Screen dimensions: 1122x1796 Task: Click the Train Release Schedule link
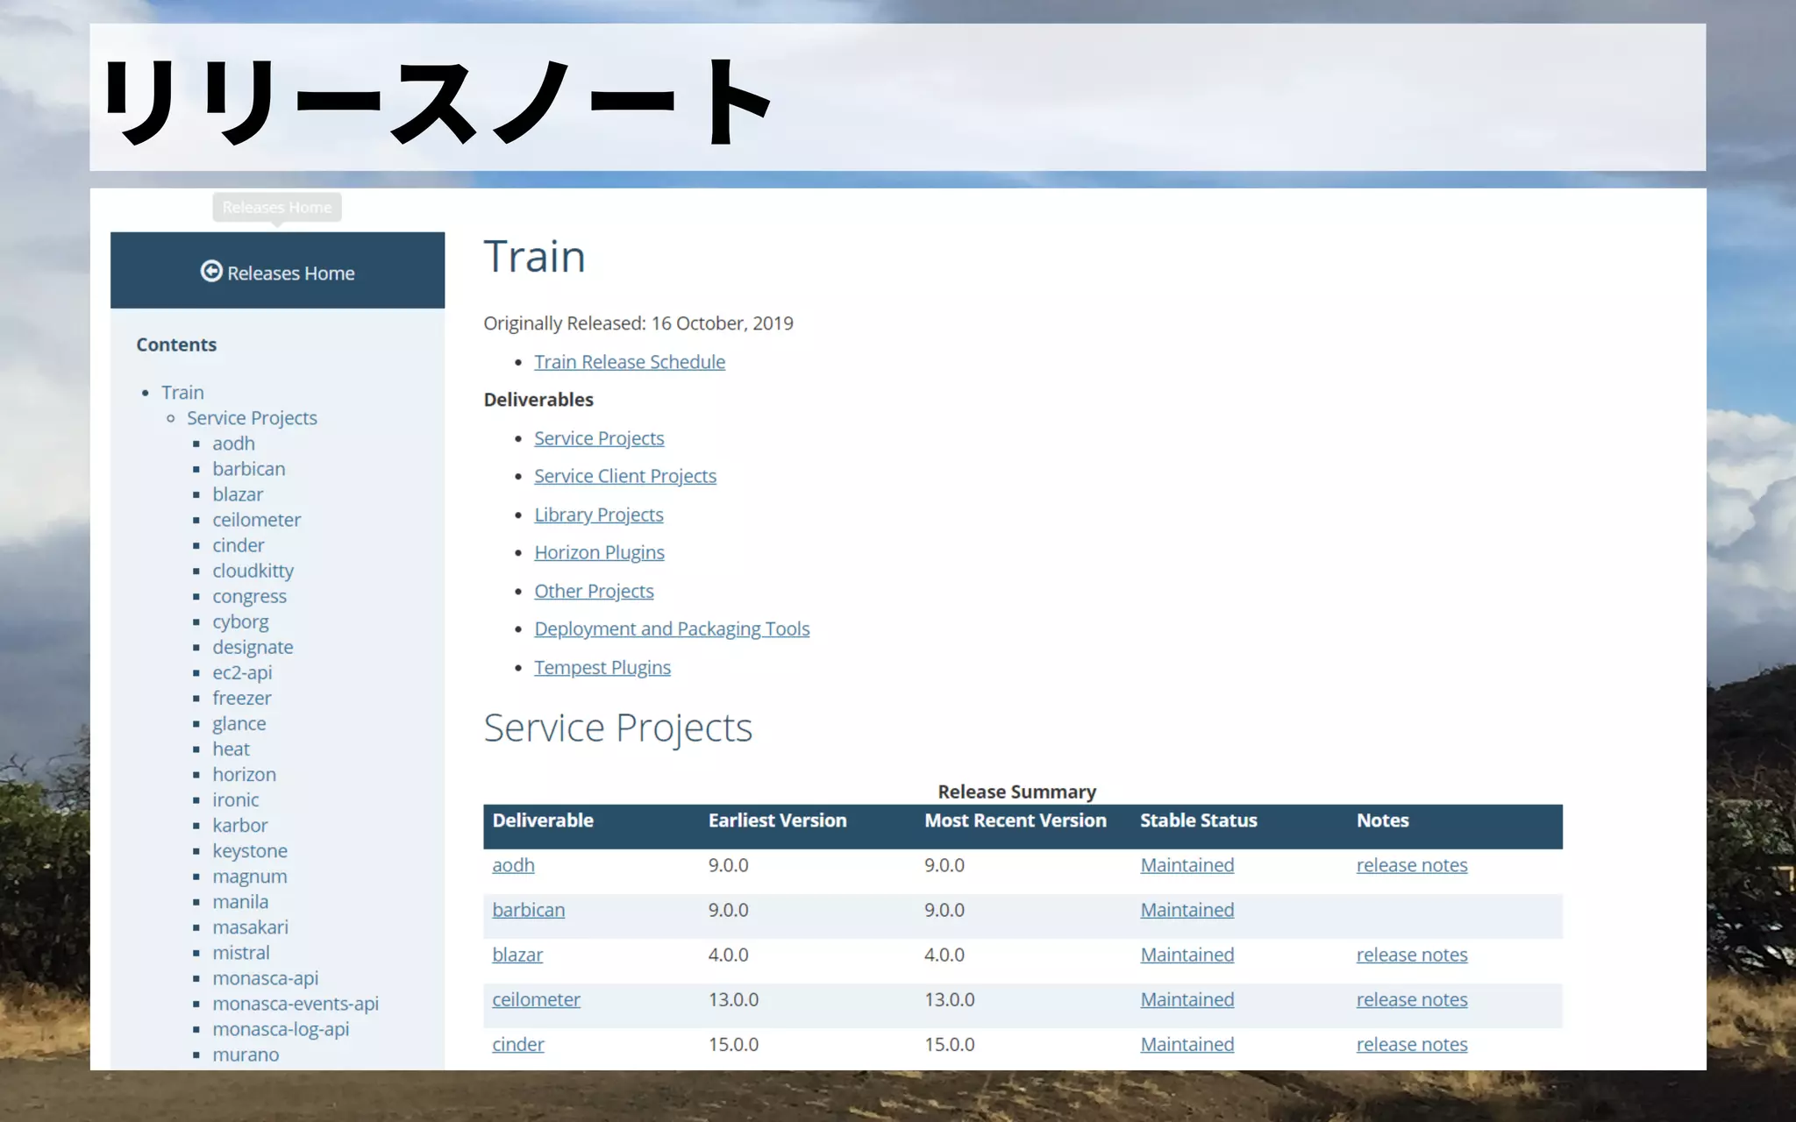[630, 362]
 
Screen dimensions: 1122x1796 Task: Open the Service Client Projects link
[625, 476]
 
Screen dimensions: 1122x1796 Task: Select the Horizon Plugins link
[599, 552]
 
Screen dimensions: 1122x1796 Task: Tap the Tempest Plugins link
[602, 667]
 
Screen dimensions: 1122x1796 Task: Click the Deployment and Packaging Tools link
[672, 628]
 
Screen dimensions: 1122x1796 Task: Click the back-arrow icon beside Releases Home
[211, 272]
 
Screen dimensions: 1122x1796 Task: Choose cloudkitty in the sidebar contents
[253, 571]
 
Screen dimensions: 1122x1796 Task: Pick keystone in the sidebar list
[250, 850]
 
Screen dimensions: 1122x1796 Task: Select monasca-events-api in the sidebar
[296, 1003]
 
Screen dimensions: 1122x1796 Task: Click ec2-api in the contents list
[242, 672]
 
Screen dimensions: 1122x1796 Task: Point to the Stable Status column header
[1198, 820]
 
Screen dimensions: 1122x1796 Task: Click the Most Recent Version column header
[1015, 820]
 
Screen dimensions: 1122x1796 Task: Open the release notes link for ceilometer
[1411, 999]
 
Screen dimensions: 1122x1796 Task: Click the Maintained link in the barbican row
[1187, 910]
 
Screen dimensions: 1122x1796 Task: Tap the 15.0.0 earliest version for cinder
[733, 1044]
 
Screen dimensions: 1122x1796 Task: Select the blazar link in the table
[517, 955]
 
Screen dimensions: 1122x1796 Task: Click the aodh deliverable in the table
[513, 865]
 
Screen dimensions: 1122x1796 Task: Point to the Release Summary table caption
[1016, 792]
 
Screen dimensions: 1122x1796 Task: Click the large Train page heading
[534, 257]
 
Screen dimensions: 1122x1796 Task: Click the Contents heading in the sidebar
[176, 344]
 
